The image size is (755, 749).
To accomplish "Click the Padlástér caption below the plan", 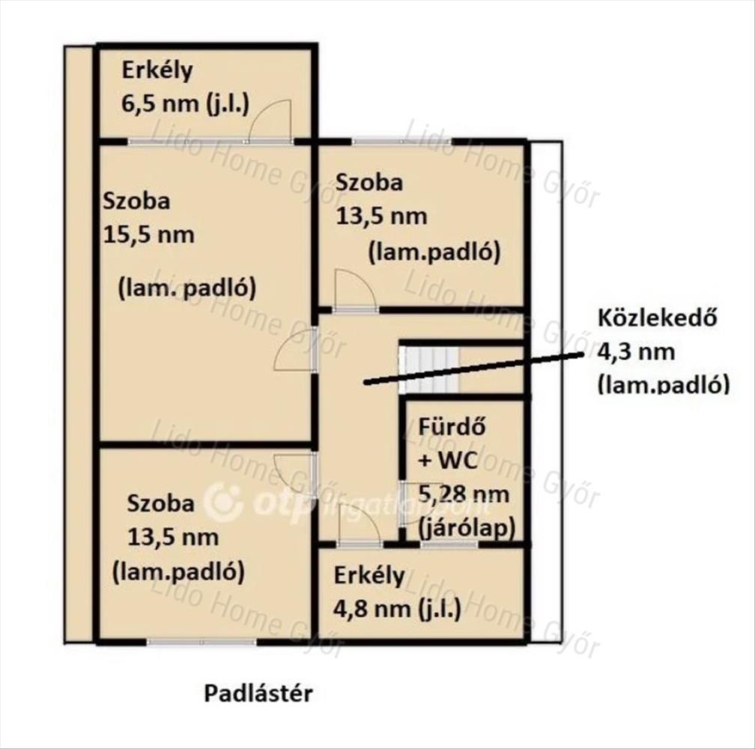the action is pyautogui.click(x=258, y=694).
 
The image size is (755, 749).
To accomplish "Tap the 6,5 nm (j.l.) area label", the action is pyautogui.click(x=186, y=104).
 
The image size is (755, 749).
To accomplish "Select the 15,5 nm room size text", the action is pyautogui.click(x=149, y=235).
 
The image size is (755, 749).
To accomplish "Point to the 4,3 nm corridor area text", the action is pyautogui.click(x=636, y=352).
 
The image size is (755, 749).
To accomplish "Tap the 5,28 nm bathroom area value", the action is pyautogui.click(x=464, y=494).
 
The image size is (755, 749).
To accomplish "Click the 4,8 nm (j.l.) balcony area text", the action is pyautogui.click(x=398, y=609).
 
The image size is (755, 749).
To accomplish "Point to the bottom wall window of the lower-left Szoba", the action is pyautogui.click(x=201, y=642).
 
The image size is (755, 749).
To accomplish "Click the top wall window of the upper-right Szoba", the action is pyautogui.click(x=401, y=141).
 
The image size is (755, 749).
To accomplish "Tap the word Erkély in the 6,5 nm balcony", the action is pyautogui.click(x=157, y=70).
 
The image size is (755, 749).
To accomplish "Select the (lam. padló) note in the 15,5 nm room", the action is pyautogui.click(x=187, y=288).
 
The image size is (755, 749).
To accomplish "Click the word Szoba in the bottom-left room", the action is pyautogui.click(x=161, y=503).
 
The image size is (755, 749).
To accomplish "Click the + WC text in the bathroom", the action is pyautogui.click(x=448, y=461).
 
